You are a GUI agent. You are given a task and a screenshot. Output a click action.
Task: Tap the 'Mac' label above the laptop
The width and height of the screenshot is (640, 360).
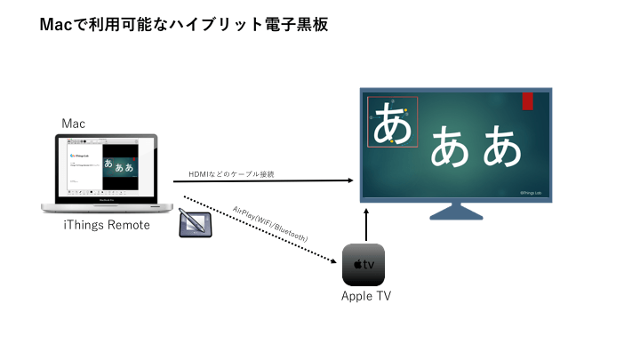tap(74, 124)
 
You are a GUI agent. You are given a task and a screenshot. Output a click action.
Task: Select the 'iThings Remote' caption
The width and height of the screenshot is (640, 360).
tap(107, 225)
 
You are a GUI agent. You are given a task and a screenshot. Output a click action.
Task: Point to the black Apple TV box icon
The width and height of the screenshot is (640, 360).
tap(364, 264)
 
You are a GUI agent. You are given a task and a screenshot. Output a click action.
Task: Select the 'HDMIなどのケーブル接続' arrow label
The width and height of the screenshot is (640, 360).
tap(230, 173)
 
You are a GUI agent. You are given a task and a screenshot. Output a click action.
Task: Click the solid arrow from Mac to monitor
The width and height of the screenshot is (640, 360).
tap(267, 181)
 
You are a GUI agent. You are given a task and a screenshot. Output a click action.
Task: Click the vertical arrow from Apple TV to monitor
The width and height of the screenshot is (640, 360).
tap(365, 222)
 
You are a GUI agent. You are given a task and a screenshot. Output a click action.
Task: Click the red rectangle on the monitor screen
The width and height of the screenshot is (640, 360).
tap(527, 100)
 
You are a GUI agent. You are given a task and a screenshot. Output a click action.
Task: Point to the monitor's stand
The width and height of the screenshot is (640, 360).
tap(455, 212)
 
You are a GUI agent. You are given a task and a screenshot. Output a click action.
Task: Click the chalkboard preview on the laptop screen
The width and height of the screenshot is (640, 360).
tap(119, 164)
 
